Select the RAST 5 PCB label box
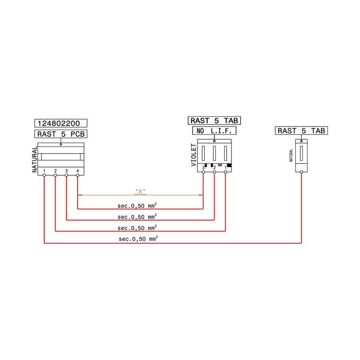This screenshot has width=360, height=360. (61, 134)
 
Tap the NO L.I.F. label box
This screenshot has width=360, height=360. (214, 131)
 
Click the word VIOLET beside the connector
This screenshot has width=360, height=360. (194, 155)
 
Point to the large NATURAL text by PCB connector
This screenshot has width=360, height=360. (34, 159)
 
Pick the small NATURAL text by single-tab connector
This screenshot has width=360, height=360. (291, 155)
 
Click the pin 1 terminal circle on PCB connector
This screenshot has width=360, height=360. (44, 175)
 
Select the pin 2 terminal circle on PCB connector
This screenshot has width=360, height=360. (56, 175)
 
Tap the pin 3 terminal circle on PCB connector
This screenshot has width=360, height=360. (66, 175)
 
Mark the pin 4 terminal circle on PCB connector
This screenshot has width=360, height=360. (78, 175)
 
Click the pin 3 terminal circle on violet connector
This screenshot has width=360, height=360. (203, 172)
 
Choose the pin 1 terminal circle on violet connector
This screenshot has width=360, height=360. (225, 172)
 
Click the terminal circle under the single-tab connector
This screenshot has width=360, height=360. (301, 172)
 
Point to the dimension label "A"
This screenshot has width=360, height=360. (140, 191)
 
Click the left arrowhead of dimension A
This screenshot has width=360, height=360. (80, 195)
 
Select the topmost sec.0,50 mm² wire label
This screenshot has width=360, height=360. (137, 206)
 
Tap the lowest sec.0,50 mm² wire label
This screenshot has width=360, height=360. (138, 239)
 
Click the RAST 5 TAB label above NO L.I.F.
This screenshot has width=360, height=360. (214, 120)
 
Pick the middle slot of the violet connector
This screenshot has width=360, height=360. (214, 153)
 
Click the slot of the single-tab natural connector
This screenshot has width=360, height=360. (301, 153)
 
